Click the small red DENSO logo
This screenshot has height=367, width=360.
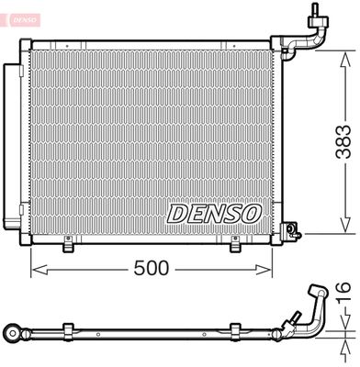click(x=22, y=15)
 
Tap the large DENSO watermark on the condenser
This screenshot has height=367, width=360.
click(x=214, y=213)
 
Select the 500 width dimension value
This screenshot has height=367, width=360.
click(x=152, y=270)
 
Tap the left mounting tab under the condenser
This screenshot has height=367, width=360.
click(x=68, y=245)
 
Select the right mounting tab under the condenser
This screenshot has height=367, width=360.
click(x=236, y=245)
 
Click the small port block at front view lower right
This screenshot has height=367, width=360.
click(x=291, y=229)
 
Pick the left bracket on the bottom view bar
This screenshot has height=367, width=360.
click(x=68, y=328)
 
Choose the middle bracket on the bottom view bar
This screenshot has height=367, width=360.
click(x=237, y=328)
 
